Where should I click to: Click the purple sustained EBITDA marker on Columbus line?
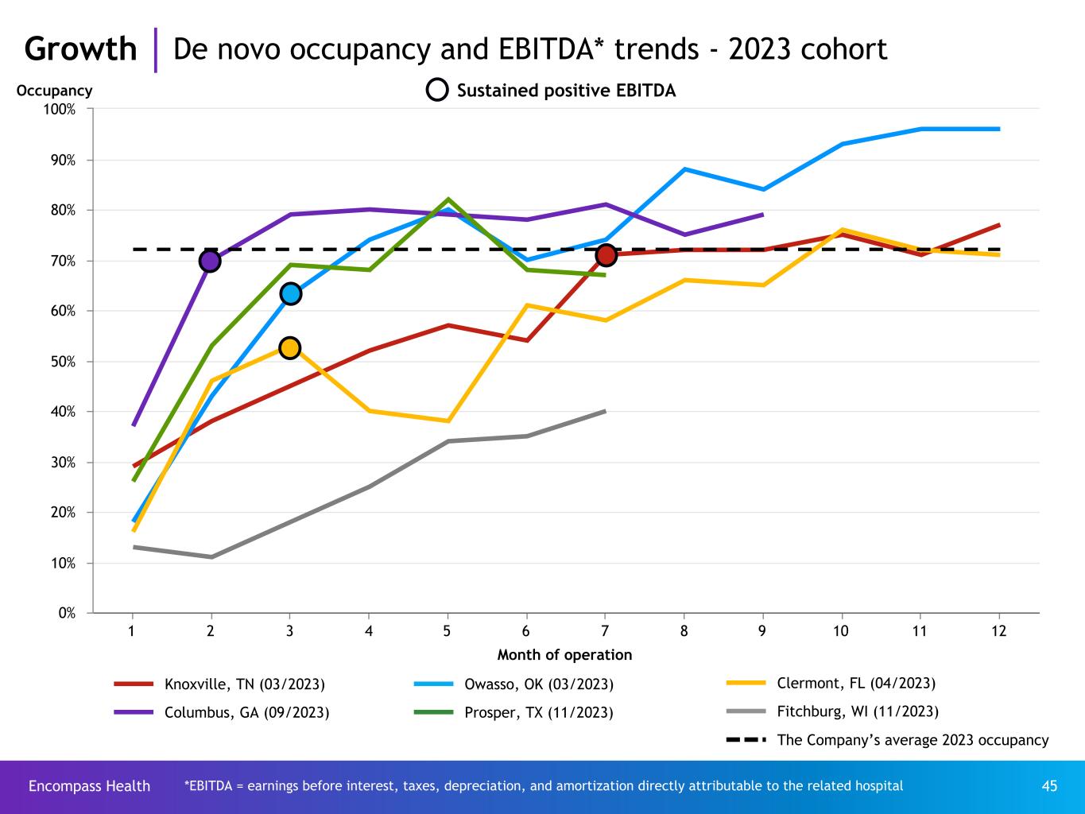click(210, 260)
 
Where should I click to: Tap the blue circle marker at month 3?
click(290, 294)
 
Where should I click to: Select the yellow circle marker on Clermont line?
click(290, 347)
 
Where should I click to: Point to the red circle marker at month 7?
click(606, 255)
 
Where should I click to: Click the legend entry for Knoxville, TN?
click(244, 684)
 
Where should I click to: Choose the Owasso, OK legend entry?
click(538, 684)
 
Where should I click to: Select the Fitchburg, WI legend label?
click(857, 711)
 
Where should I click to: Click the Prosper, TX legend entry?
click(538, 713)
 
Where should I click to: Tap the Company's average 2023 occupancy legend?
click(912, 740)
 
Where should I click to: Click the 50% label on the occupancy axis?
click(64, 362)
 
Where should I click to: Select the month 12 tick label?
click(998, 631)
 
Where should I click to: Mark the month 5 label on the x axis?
click(448, 631)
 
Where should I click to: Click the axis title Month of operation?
click(564, 655)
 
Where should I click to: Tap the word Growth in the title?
click(80, 49)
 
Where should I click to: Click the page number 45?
click(1049, 786)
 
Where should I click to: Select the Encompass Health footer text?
click(89, 786)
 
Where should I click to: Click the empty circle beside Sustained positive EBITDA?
click(438, 91)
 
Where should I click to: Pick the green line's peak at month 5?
click(448, 200)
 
